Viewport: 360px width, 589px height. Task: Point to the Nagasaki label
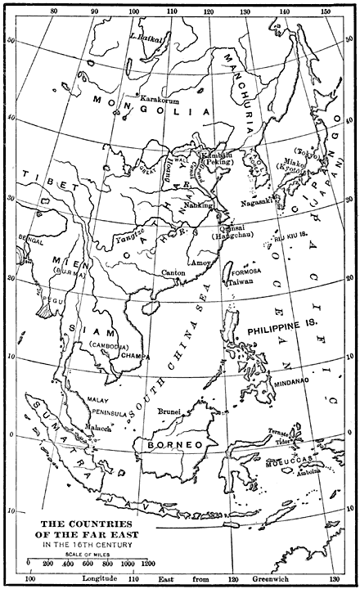257,201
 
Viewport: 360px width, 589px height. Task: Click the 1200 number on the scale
148,564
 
